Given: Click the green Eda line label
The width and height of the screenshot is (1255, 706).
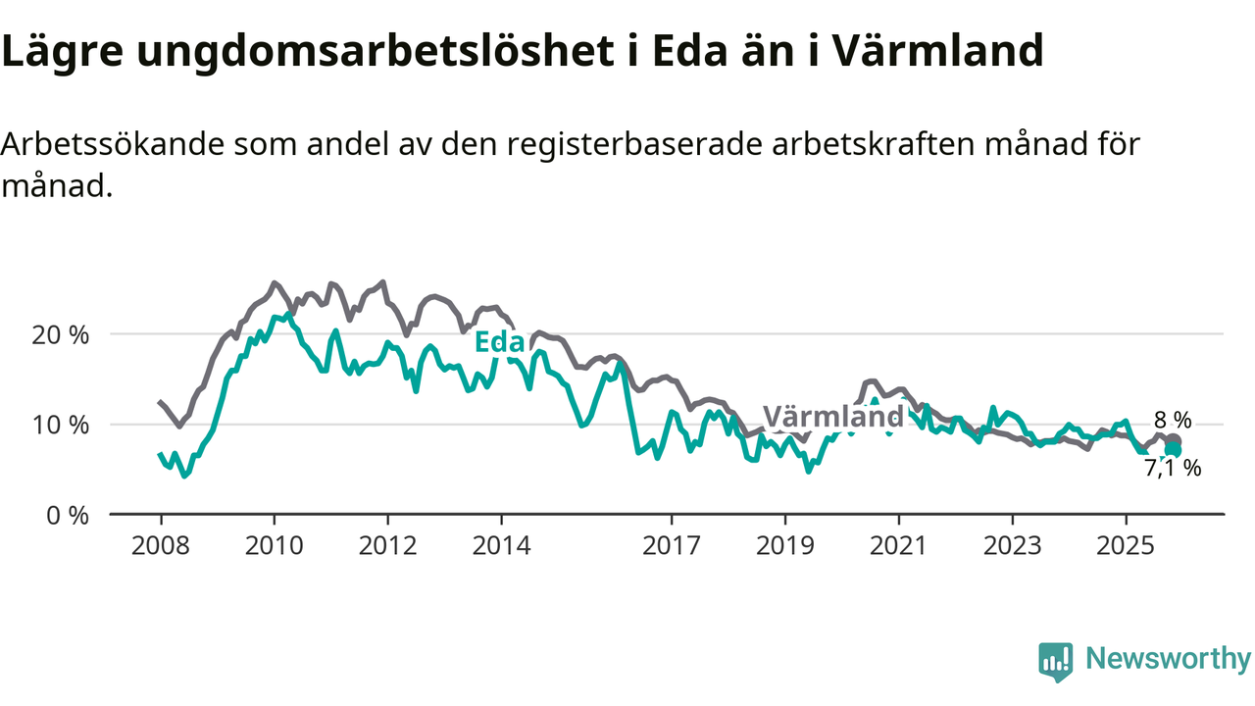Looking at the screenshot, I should click(499, 342).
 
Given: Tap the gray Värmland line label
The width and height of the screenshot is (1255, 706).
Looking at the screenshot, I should click(832, 417).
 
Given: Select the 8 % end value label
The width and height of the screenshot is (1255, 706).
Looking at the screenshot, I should click(1173, 421).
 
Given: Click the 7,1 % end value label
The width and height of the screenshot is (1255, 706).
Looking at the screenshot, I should click(1173, 469).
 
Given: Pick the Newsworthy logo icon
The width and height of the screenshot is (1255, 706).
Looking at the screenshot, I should click(1055, 662).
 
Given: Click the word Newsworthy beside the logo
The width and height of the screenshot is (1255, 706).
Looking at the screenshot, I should click(1168, 659).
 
